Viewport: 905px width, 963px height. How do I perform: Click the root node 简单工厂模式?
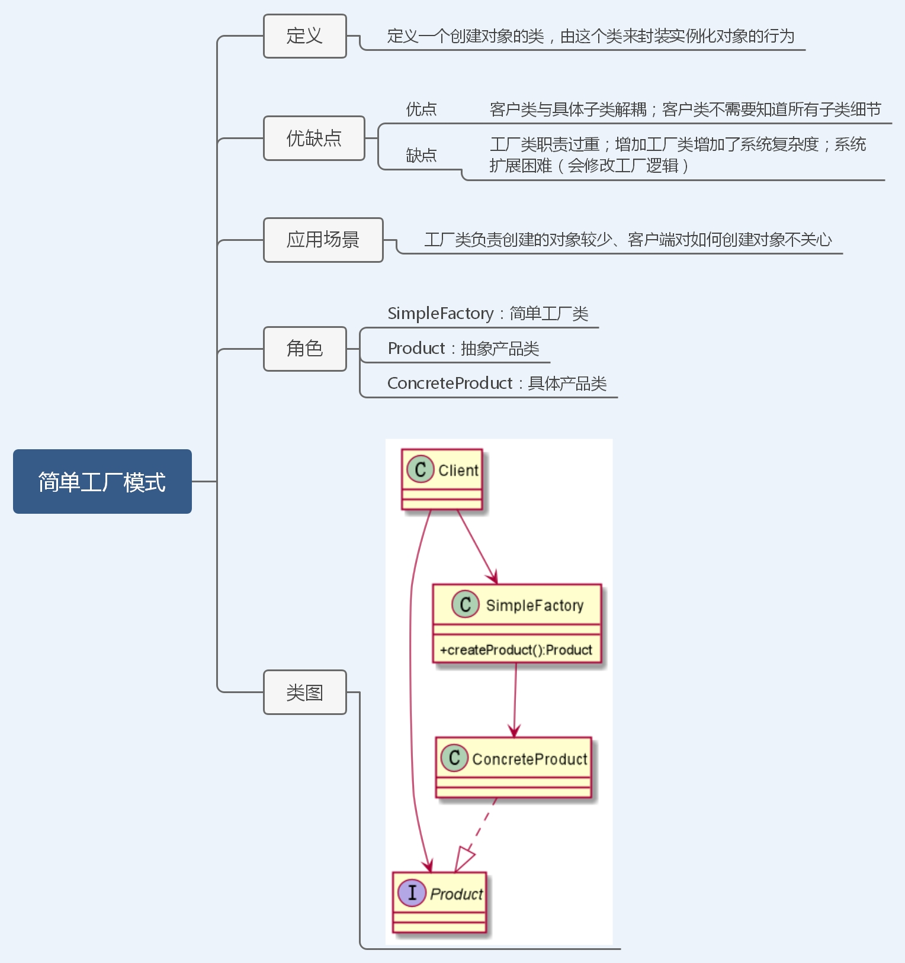(102, 481)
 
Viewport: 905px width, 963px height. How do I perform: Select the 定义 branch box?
(304, 36)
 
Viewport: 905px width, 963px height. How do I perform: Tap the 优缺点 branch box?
(314, 138)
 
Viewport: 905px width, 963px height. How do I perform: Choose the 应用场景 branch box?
(323, 240)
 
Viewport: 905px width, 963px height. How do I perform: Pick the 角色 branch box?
(304, 349)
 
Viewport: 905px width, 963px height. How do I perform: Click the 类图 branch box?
(304, 692)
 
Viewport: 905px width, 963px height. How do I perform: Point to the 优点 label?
(421, 109)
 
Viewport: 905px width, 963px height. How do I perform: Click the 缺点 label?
(421, 155)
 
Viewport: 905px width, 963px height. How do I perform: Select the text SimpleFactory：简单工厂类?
(487, 313)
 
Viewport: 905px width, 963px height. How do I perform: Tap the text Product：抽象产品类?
(463, 348)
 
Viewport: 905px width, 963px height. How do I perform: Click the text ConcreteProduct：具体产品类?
(497, 383)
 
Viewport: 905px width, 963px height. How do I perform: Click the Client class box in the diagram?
(442, 479)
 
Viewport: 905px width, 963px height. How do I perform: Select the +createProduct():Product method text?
(516, 650)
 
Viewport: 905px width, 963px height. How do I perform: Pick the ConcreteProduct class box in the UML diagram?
(513, 767)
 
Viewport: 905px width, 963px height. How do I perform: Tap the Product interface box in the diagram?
(439, 902)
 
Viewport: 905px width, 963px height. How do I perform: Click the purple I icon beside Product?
(412, 893)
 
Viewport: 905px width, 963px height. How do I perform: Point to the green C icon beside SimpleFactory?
(466, 604)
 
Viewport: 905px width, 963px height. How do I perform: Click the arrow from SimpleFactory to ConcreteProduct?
(515, 701)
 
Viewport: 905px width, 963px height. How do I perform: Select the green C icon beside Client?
(420, 470)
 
